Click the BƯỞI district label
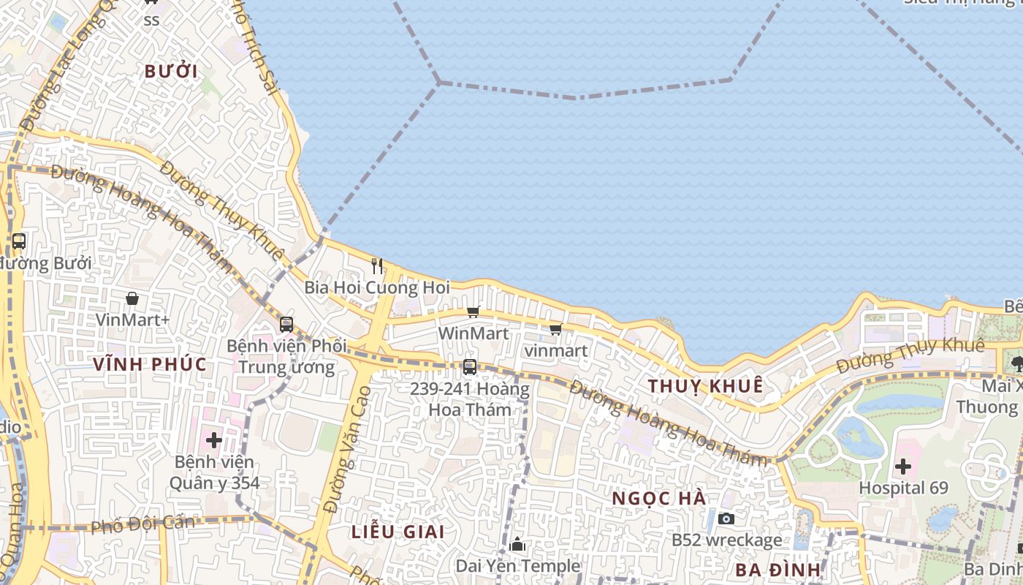click(171, 72)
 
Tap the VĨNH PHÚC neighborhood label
click(150, 364)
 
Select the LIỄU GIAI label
click(398, 532)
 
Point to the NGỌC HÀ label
click(658, 498)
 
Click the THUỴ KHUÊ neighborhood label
click(706, 385)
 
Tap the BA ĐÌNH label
click(777, 570)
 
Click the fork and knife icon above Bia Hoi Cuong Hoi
click(377, 265)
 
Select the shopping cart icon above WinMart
click(474, 312)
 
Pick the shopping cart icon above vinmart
click(555, 329)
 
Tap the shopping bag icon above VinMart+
click(132, 298)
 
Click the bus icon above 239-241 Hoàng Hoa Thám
click(470, 367)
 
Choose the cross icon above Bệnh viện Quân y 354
click(214, 440)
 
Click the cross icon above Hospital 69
click(903, 466)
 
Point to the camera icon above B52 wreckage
click(726, 518)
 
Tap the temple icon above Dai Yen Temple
click(517, 544)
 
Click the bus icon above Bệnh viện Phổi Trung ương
click(286, 324)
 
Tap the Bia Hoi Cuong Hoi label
click(377, 287)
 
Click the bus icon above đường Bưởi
click(19, 241)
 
